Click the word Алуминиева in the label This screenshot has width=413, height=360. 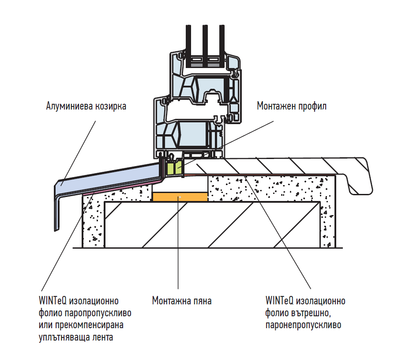pos(69,106)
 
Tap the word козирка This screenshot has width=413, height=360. pos(111,106)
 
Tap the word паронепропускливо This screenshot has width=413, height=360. pos(303,325)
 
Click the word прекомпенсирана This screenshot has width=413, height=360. pos(89,325)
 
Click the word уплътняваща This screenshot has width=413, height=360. pos(64,337)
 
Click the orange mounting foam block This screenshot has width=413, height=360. pos(180,197)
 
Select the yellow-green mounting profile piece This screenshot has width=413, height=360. pos(174,167)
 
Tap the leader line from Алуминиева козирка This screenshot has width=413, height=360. pos(78,153)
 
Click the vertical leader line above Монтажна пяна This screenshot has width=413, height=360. pos(178,243)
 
